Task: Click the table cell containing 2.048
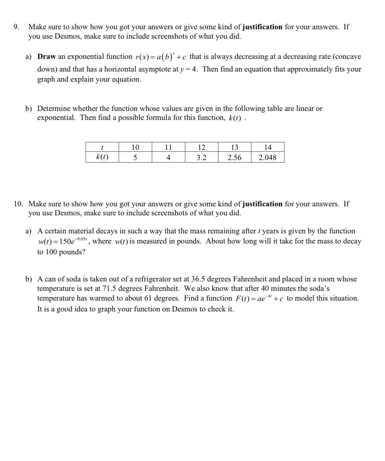268,158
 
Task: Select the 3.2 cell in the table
201,158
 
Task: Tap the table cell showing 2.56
234,158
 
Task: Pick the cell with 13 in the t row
234,147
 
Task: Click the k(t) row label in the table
102,157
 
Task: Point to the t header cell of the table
102,147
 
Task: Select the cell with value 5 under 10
135,158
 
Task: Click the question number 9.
16,27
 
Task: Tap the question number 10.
18,204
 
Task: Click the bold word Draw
47,57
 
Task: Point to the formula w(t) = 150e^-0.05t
62,241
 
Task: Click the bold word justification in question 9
262,27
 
